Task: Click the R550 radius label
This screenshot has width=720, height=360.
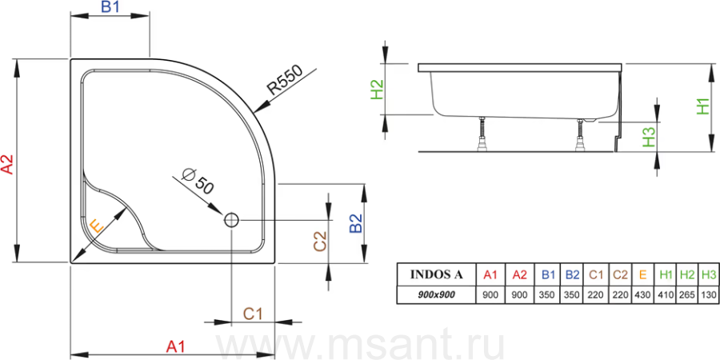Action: pyautogui.click(x=285, y=80)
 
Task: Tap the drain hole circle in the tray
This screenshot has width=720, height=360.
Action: pyautogui.click(x=231, y=220)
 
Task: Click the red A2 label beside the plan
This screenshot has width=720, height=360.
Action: pyautogui.click(x=8, y=164)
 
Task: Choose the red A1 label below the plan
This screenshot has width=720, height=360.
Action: pyautogui.click(x=175, y=346)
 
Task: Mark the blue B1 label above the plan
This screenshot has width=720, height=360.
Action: pyautogui.click(x=110, y=8)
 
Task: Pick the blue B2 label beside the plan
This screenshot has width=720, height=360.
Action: pyautogui.click(x=356, y=224)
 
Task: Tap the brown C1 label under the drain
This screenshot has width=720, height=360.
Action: pyautogui.click(x=253, y=314)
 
